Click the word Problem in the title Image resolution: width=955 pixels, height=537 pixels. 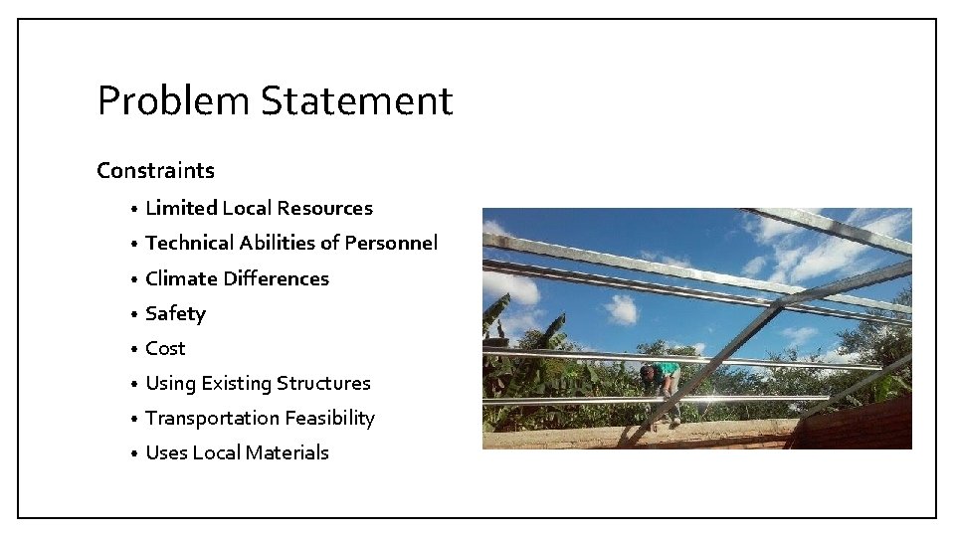coord(173,101)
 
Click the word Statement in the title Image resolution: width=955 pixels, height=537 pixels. coord(357,101)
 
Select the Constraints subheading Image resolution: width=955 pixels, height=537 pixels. coord(155,170)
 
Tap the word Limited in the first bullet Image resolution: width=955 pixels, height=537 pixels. coord(180,208)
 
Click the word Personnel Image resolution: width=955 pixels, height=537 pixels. coord(390,243)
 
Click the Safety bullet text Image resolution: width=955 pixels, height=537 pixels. coord(175,313)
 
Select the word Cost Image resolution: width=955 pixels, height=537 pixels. coord(165,348)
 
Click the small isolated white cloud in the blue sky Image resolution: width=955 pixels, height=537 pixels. coord(622,309)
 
